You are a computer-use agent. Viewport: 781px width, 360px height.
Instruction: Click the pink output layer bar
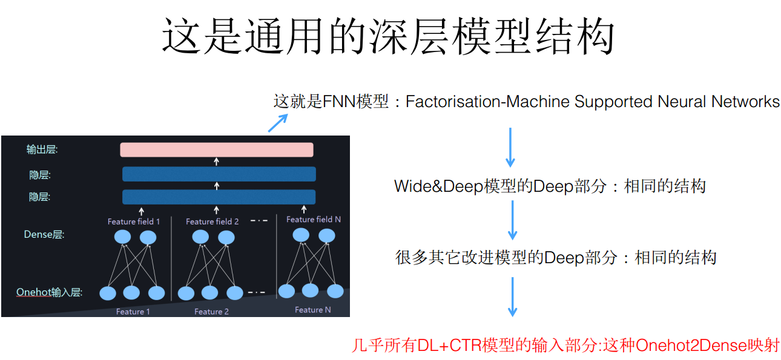216,149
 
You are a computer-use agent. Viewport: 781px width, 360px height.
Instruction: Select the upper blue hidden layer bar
219,174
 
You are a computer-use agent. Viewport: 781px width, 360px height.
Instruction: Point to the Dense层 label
44,235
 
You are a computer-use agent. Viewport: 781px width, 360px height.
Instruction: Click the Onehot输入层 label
49,293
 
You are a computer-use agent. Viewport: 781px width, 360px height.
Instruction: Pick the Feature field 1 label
134,221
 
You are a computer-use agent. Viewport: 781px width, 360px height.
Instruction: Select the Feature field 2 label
213,221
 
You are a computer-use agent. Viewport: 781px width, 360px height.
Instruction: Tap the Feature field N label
314,219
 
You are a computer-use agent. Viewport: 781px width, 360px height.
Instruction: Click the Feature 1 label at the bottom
133,312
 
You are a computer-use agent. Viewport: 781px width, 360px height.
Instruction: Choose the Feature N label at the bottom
312,310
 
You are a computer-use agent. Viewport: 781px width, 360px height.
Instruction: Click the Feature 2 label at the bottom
211,312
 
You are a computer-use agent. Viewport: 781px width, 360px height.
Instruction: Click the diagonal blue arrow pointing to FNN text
277,123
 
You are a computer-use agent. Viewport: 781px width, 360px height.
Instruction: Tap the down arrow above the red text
512,296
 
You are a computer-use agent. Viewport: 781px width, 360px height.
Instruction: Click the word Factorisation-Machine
488,102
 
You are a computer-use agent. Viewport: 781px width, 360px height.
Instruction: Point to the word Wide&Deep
438,186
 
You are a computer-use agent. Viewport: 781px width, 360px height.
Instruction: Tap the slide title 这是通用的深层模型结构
388,36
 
